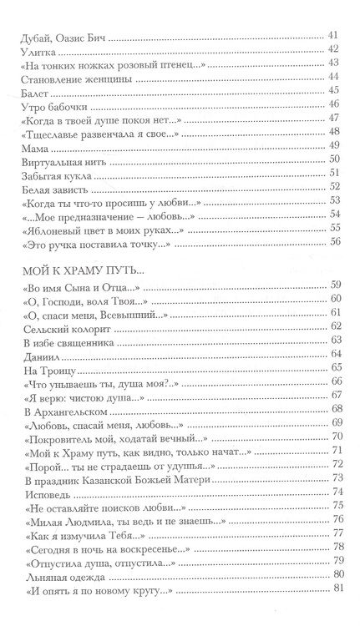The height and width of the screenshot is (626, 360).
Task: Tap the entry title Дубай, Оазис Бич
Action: [x=63, y=35]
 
